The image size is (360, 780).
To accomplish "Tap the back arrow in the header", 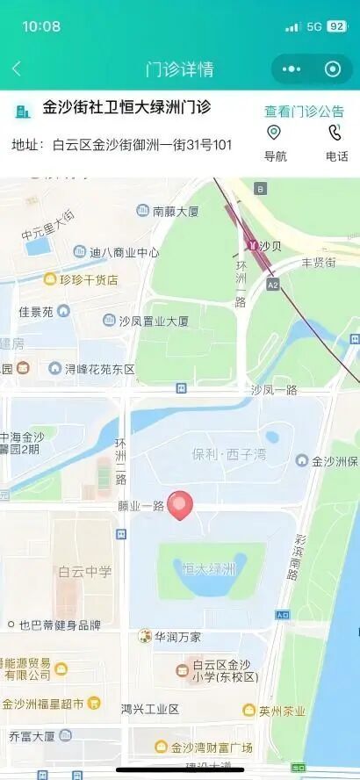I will pyautogui.click(x=17, y=69).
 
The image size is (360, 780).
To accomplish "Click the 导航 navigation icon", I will pyautogui.click(x=275, y=133).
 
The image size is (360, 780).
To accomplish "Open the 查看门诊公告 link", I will pyautogui.click(x=304, y=112).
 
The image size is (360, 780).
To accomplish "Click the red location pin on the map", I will pyautogui.click(x=181, y=504).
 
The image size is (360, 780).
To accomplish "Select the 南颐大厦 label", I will pyautogui.click(x=176, y=211).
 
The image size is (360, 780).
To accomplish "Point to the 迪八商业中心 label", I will pyautogui.click(x=124, y=252).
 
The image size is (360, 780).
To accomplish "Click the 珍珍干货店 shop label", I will pyautogui.click(x=88, y=279).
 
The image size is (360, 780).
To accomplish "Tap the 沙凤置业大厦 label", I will pyautogui.click(x=153, y=321).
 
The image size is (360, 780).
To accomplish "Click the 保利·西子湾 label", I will pyautogui.click(x=227, y=455).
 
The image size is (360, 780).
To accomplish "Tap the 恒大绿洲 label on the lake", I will pyautogui.click(x=209, y=569).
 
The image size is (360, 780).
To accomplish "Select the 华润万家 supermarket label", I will pyautogui.click(x=177, y=636).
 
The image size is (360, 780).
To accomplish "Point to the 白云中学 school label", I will pyautogui.click(x=85, y=572).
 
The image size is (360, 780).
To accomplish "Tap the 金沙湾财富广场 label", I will pyautogui.click(x=211, y=747).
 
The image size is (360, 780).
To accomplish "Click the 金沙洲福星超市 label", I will pyautogui.click(x=43, y=704).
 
